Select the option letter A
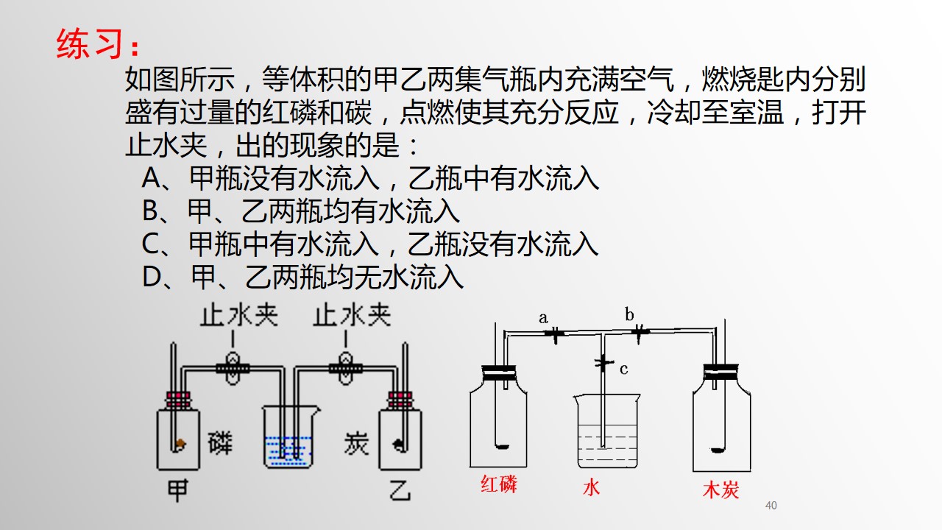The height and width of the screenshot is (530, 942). [152, 178]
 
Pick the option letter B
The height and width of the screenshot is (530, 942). [151, 211]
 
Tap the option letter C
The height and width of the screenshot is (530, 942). [150, 244]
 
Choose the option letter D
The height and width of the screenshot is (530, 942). [152, 277]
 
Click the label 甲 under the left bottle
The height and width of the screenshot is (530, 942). [178, 490]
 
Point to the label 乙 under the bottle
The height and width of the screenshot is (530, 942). [400, 490]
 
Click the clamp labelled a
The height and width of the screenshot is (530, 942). [555, 334]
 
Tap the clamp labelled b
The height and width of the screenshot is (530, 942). [640, 333]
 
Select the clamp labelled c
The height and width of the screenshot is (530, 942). [603, 363]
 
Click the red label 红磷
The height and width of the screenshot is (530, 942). [499, 484]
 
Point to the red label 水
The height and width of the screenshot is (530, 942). [591, 487]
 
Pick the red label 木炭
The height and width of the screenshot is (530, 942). [720, 490]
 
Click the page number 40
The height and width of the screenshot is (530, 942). [771, 505]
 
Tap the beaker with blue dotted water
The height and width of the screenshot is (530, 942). [290, 437]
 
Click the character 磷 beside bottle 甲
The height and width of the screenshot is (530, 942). [220, 443]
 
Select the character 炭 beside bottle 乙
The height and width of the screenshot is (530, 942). [356, 443]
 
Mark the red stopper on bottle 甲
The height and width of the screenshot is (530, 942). [178, 400]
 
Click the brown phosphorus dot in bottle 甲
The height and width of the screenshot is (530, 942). [181, 443]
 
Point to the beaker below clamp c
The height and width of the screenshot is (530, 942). [607, 431]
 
